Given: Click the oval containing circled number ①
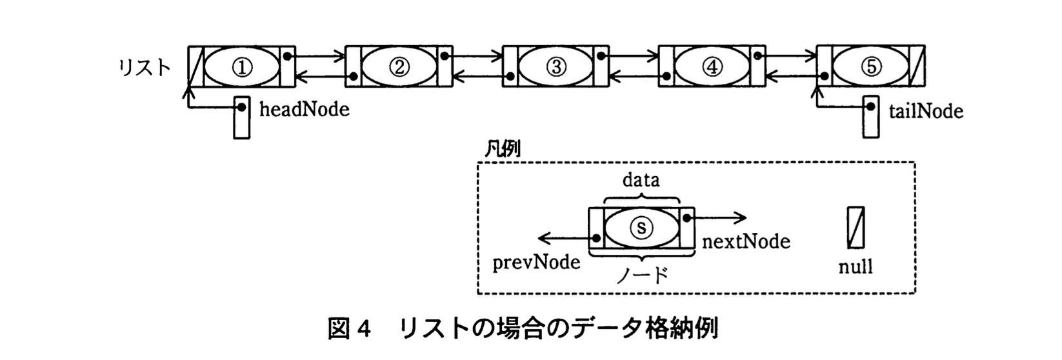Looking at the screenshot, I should (x=242, y=66).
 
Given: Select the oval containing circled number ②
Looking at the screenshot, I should (x=399, y=66).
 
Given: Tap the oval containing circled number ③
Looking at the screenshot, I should (x=556, y=66).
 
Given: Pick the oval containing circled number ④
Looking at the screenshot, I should (x=712, y=66).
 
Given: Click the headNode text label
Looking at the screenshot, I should (x=304, y=109).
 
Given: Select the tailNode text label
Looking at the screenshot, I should (x=925, y=111).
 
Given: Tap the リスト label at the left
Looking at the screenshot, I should (x=145, y=68).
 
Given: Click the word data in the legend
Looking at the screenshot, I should (x=641, y=179).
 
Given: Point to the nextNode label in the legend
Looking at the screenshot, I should (x=745, y=241).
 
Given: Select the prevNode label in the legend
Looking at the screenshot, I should (x=536, y=263).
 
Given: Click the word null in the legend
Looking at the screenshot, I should (x=856, y=266).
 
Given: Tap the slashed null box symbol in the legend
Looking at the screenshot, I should (x=856, y=227).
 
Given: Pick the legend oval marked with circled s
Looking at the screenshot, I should (x=641, y=227).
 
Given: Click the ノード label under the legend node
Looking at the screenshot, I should (x=641, y=275).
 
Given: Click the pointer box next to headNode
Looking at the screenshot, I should (x=241, y=118).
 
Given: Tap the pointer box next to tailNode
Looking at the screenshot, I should (x=870, y=117).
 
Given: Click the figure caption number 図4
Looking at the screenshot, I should (x=350, y=329).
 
